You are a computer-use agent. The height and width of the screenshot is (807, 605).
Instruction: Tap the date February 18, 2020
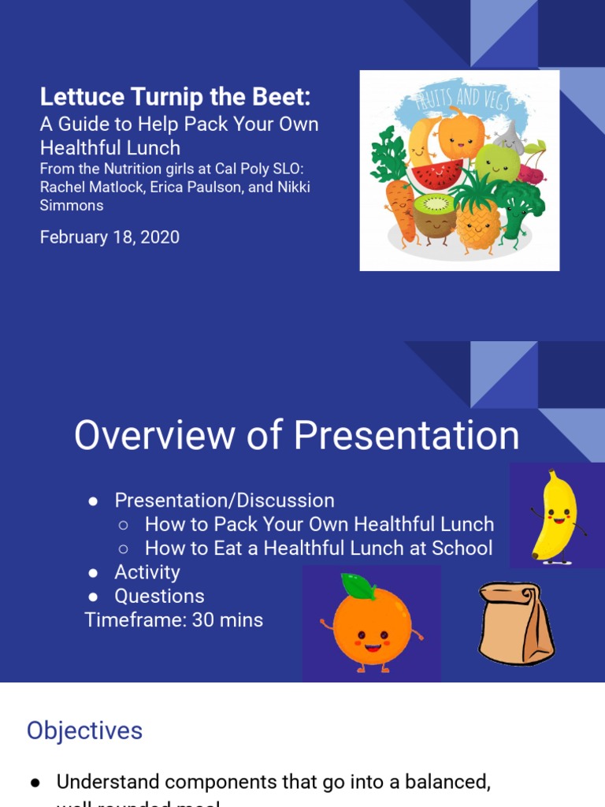pyautogui.click(x=109, y=236)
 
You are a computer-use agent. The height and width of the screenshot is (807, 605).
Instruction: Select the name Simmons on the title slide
pyautogui.click(x=72, y=206)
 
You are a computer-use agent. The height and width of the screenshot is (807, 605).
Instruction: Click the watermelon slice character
pyautogui.click(x=438, y=173)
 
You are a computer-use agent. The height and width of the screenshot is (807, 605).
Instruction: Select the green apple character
pyautogui.click(x=496, y=164)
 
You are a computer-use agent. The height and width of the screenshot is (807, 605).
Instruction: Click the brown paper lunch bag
pyautogui.click(x=516, y=623)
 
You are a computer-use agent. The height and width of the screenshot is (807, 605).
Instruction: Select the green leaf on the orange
pyautogui.click(x=358, y=586)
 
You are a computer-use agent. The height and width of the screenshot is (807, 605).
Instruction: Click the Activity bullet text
pyautogui.click(x=147, y=572)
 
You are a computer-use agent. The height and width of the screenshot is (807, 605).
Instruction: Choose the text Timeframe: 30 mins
pyautogui.click(x=174, y=620)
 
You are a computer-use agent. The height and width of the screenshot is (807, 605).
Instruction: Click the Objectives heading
pyautogui.click(x=84, y=731)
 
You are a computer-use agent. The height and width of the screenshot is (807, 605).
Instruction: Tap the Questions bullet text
pyautogui.click(x=159, y=597)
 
